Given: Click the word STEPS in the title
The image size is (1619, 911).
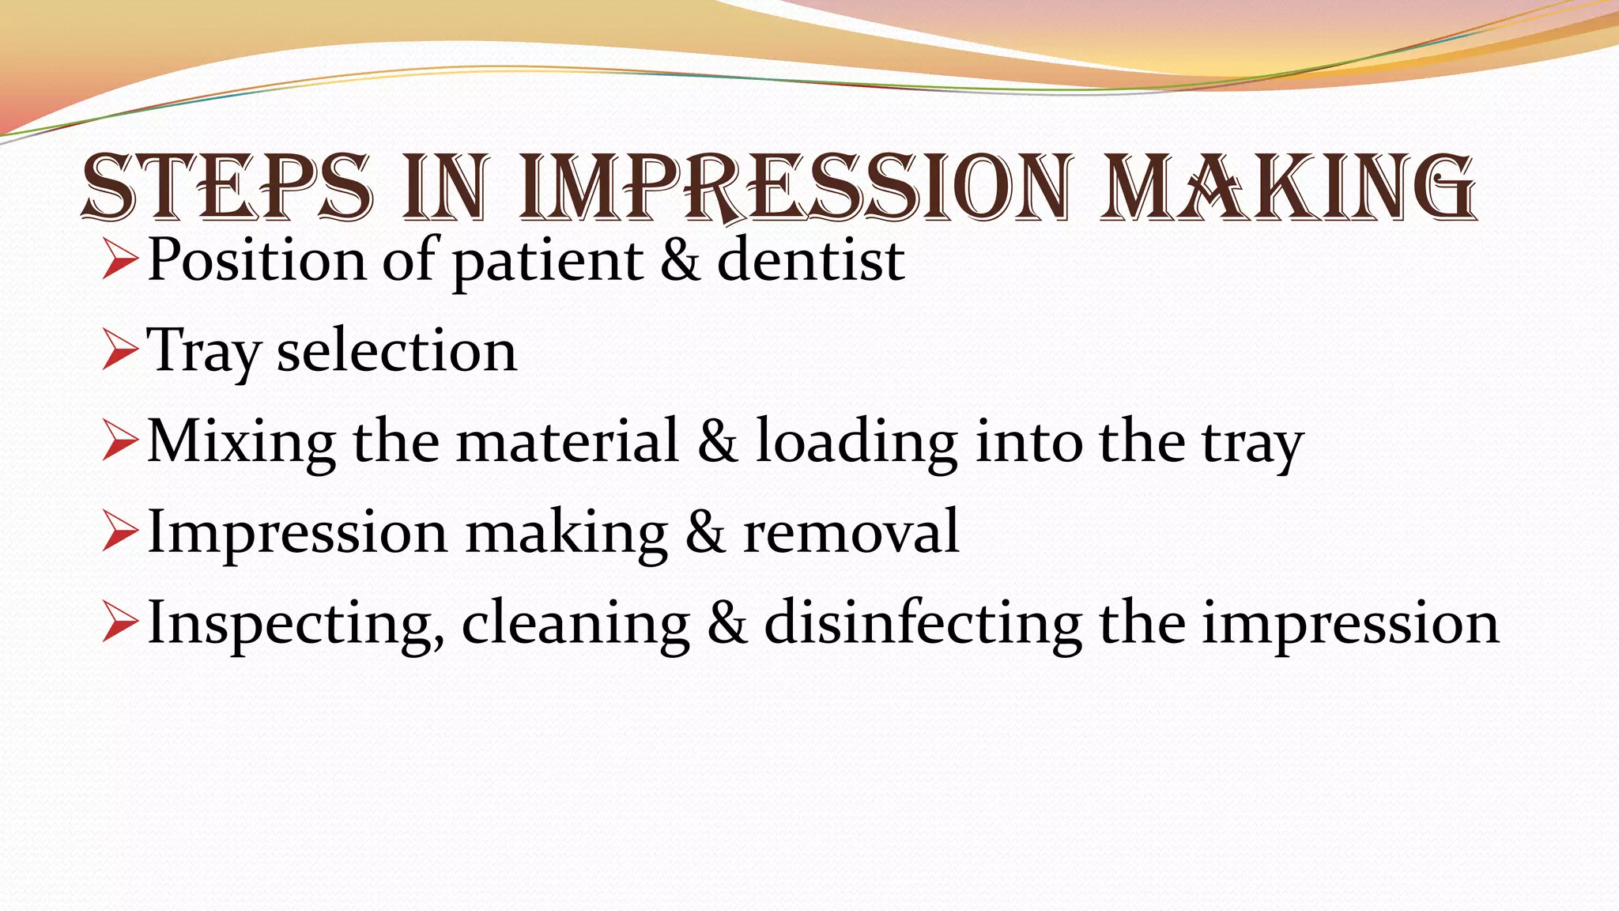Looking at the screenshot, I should (226, 188).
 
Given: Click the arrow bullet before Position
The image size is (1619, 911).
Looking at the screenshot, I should (120, 261).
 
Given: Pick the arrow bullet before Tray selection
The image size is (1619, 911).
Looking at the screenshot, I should (120, 352).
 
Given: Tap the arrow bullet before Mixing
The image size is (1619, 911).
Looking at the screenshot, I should (120, 443).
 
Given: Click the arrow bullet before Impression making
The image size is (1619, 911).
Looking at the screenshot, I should (120, 534).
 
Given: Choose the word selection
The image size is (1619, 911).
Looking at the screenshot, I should (396, 351).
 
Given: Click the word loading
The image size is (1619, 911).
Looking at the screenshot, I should (857, 443).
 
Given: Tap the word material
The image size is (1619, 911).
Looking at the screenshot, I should (568, 441).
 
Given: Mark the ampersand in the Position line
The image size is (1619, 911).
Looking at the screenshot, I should (680, 261).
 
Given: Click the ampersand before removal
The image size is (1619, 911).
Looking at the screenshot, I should (705, 532).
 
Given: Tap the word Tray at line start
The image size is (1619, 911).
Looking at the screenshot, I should (203, 352).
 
